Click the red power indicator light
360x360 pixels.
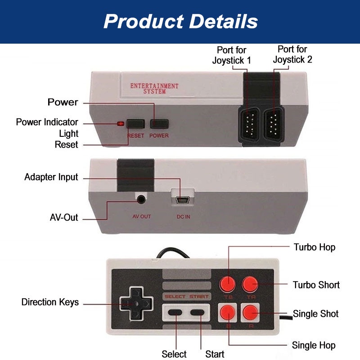click(x=120, y=124)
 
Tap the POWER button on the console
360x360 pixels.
click(x=159, y=124)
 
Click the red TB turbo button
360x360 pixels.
click(x=227, y=283)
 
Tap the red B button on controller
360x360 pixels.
click(x=227, y=312)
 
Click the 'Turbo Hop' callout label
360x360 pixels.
click(x=315, y=247)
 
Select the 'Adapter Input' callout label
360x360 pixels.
click(x=51, y=177)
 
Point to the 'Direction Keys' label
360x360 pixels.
click(x=50, y=302)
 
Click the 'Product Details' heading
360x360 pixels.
click(x=180, y=21)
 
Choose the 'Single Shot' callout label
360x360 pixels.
click(x=316, y=314)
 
